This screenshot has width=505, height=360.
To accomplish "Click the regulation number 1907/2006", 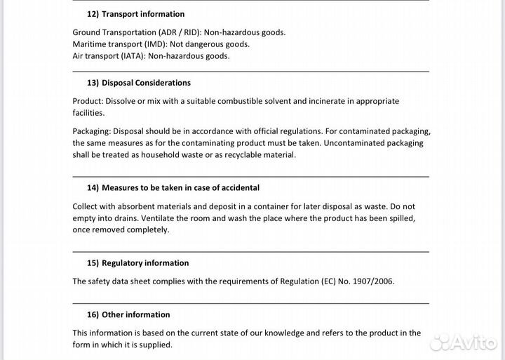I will (x=371, y=281).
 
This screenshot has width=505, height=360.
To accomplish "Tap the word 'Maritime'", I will (x=90, y=44).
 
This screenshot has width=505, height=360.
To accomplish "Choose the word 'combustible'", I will (x=240, y=101).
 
